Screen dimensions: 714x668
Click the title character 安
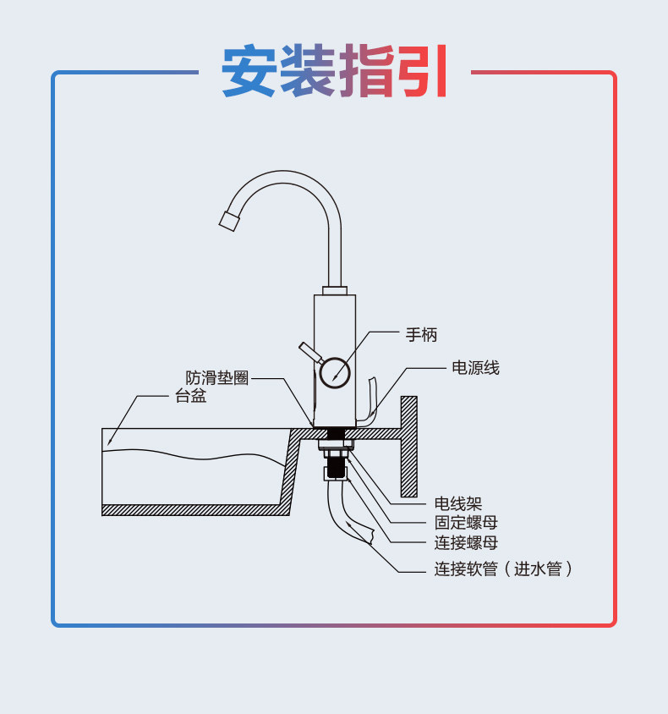pos(250,72)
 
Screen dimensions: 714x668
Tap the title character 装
pos(309,72)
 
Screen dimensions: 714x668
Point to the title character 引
pos(421,72)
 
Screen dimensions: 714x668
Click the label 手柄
pos(421,335)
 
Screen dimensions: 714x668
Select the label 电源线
pos(475,368)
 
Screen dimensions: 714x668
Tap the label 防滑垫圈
pos(217,378)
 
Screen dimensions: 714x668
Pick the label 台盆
pos(190,396)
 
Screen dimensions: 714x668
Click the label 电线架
pos(457,504)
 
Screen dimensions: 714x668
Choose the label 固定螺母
pos(466,523)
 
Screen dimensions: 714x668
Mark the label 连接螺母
pos(466,543)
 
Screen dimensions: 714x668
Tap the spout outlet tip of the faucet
pos(228,221)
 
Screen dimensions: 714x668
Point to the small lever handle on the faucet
pos(309,352)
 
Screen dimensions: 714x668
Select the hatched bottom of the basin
pos(194,510)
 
